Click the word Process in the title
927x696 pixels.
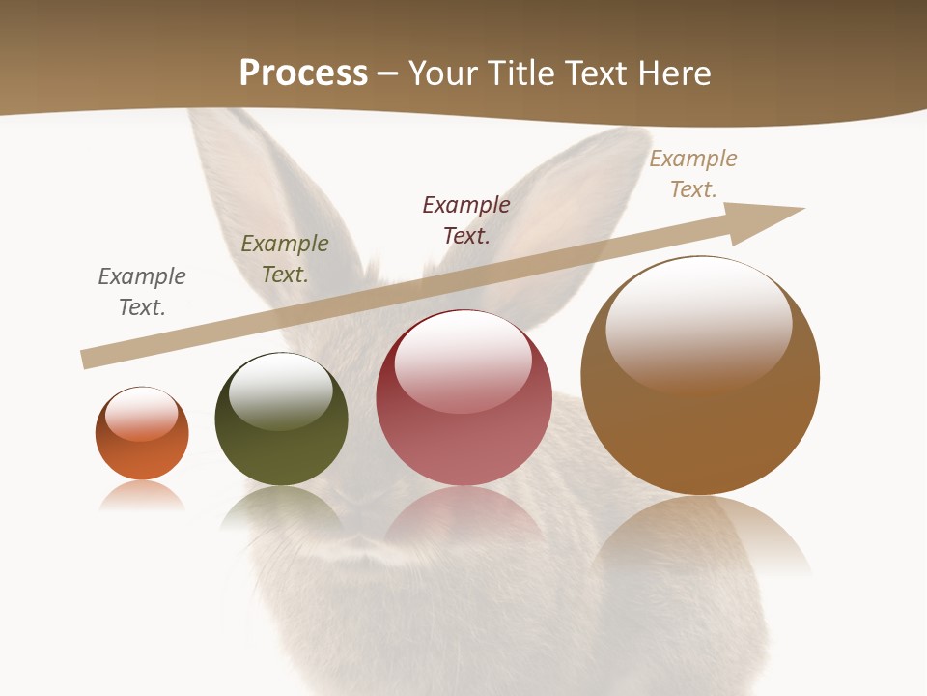[303, 73]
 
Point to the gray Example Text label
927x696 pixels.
[142, 292]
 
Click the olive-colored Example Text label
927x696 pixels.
[285, 259]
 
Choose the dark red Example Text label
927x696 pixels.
[466, 220]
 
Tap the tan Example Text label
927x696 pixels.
[693, 174]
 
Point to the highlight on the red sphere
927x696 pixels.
[463, 361]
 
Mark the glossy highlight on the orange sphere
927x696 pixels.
[142, 414]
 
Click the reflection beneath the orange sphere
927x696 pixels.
[142, 496]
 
